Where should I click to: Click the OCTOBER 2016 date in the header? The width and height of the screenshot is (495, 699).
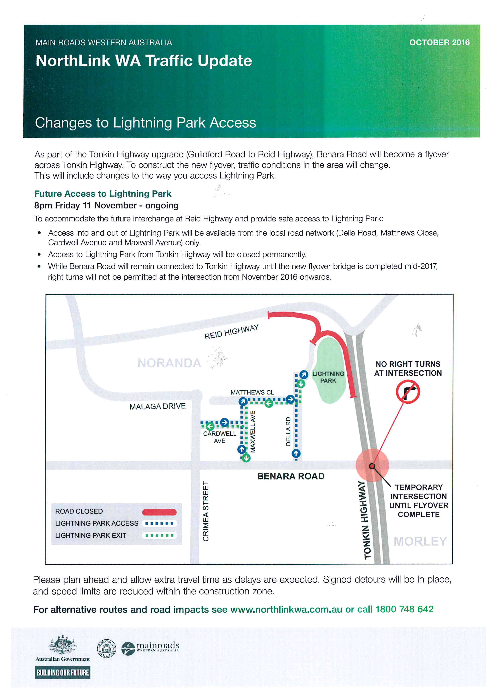click(439, 43)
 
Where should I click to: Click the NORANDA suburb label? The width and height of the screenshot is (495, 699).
click(169, 363)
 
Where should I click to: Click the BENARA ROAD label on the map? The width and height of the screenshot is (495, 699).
click(291, 476)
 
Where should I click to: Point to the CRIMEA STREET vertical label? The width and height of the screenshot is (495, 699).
click(206, 511)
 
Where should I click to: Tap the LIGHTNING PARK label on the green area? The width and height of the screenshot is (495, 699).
click(328, 377)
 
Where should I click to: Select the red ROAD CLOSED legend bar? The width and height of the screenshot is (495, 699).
click(159, 512)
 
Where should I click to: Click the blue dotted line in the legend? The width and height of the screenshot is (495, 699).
click(159, 523)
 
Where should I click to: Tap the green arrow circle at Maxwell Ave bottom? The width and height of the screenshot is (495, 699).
click(246, 458)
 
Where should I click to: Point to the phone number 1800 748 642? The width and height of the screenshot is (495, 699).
click(404, 609)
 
